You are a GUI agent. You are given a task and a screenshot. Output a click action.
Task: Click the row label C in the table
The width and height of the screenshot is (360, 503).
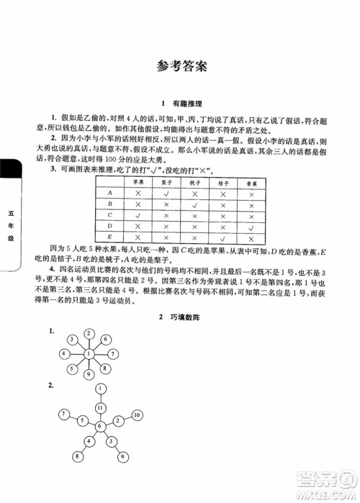[x=109, y=214]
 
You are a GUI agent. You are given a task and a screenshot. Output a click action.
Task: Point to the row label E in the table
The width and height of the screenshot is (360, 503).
[x=109, y=237]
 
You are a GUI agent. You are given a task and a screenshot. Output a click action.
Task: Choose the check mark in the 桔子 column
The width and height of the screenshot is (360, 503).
[x=222, y=237]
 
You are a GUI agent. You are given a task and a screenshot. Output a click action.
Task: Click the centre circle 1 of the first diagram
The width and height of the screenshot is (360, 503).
[x=88, y=354]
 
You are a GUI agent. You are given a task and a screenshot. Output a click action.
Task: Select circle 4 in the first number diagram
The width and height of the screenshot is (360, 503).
[x=66, y=354]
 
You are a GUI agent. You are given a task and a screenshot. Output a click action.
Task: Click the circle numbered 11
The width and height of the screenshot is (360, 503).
[x=100, y=408]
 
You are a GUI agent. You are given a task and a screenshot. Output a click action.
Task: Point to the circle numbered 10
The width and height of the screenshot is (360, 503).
[x=136, y=415]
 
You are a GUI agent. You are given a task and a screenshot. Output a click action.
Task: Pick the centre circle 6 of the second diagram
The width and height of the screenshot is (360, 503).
[x=100, y=426]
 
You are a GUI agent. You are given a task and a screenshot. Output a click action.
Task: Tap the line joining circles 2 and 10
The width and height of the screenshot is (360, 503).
[x=127, y=416]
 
